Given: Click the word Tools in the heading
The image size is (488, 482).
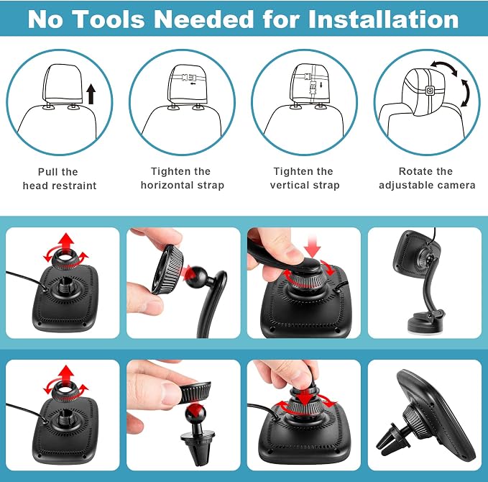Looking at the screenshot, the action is pyautogui.click(x=109, y=19).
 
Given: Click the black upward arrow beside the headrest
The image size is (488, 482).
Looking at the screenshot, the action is pyautogui.click(x=91, y=94).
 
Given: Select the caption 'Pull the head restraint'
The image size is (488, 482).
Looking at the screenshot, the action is pyautogui.click(x=60, y=178).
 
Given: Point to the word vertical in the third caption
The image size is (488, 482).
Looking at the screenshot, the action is pyautogui.click(x=290, y=185).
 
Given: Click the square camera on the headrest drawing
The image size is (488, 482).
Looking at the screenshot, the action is pyautogui.click(x=430, y=91).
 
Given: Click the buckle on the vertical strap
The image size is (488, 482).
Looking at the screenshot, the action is pyautogui.click(x=313, y=88).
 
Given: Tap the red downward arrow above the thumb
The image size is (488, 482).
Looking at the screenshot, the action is pyautogui.click(x=313, y=246).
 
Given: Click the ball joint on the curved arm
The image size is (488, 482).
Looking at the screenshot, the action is pyautogui.click(x=196, y=275).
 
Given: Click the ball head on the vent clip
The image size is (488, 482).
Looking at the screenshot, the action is pyautogui.click(x=195, y=414).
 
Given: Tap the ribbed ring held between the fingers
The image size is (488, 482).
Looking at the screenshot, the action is pyautogui.click(x=167, y=270).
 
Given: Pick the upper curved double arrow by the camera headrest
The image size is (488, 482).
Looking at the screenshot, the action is pyautogui.click(x=444, y=68).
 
